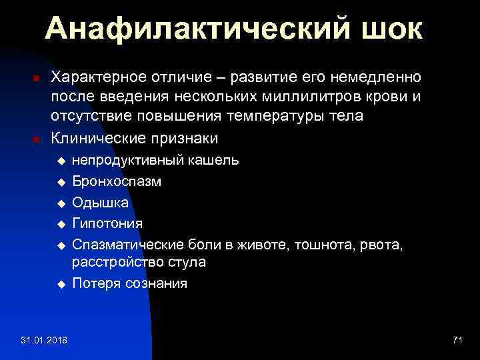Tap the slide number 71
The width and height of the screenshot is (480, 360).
coord(457,341)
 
